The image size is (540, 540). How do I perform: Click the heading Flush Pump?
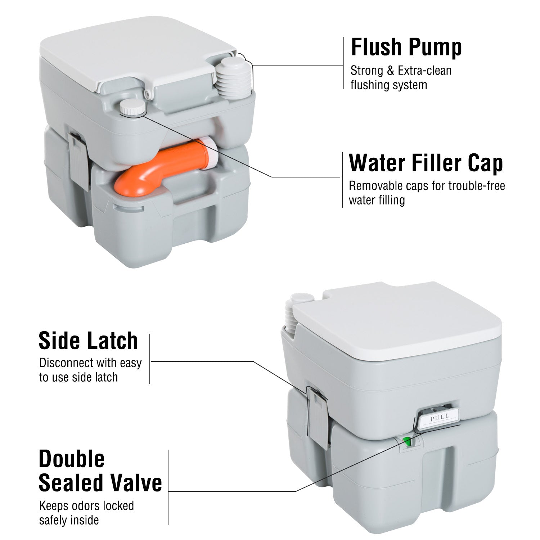406,47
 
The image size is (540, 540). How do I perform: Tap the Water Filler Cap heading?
426,163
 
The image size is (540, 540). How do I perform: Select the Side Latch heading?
88,341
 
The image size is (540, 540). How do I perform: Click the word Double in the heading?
71,459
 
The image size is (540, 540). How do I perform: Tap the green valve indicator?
407,441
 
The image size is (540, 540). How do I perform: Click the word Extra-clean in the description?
424,71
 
